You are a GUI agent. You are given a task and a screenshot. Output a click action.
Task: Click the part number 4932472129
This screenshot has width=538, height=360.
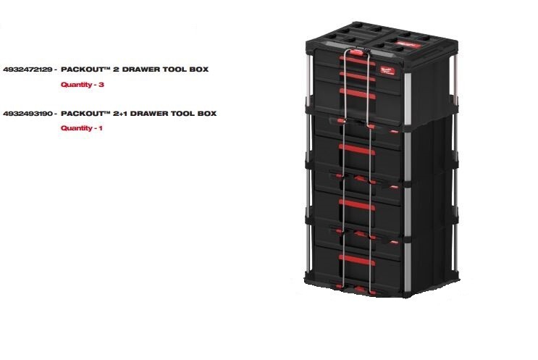coord(27,70)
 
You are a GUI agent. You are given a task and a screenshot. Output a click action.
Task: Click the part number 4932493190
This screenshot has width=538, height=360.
coord(27,114)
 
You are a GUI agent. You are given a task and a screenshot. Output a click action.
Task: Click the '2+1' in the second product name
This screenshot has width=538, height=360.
coord(130,114)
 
